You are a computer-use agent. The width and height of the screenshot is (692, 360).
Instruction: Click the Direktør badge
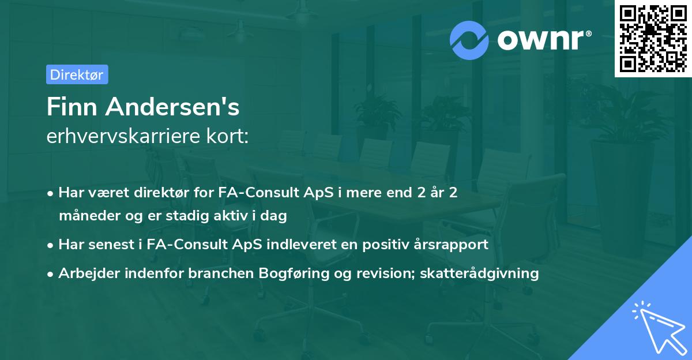pos(77,74)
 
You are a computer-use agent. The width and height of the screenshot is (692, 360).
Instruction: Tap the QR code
pos(653,38)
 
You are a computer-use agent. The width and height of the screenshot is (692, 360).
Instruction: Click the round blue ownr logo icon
pos(469,40)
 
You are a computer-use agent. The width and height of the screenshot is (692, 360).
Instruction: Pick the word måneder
pos(86,216)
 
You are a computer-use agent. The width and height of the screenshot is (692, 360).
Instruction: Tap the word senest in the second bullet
pos(110,245)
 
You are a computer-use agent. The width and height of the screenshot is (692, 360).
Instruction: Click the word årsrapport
pos(456,245)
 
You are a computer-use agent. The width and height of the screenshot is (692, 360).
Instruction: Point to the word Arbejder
pos(85,273)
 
